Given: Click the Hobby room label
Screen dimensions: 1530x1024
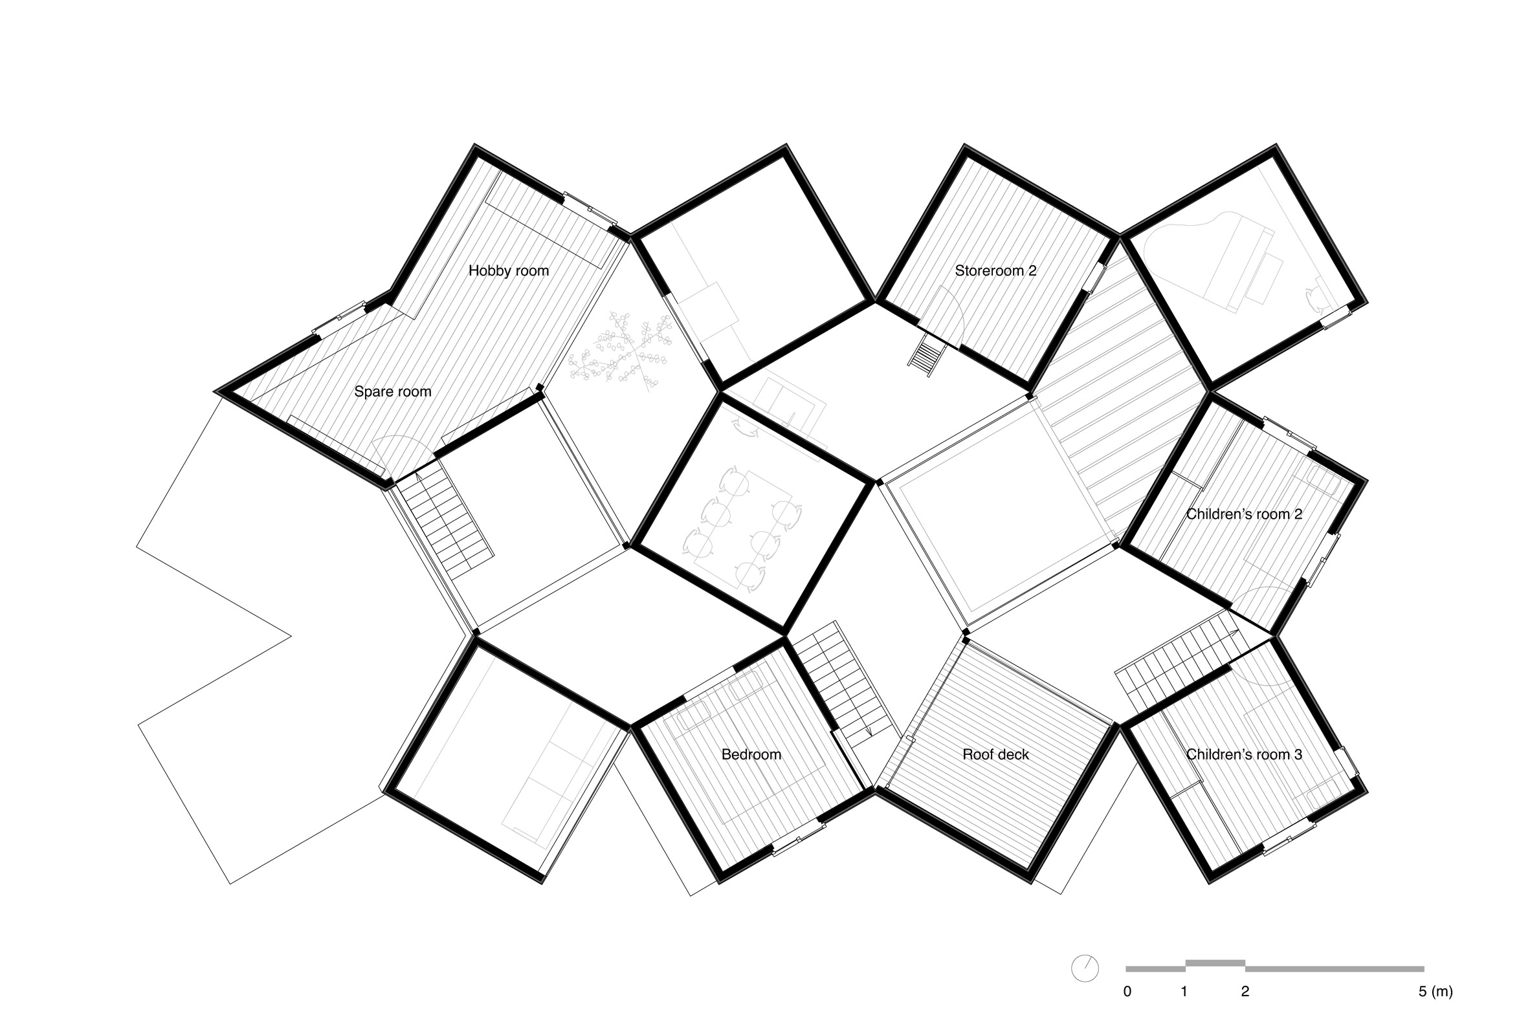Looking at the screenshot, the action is (508, 270).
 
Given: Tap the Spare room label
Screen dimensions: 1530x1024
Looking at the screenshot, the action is (393, 392).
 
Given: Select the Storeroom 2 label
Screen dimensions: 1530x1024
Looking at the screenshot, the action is (995, 270).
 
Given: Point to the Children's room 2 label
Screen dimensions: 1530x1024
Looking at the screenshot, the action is (1244, 514).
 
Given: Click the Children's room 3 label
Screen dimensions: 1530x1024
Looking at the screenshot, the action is (1244, 754).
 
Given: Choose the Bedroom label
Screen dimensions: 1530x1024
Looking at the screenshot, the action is (751, 754).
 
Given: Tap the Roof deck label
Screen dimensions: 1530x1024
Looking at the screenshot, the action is (995, 754).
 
